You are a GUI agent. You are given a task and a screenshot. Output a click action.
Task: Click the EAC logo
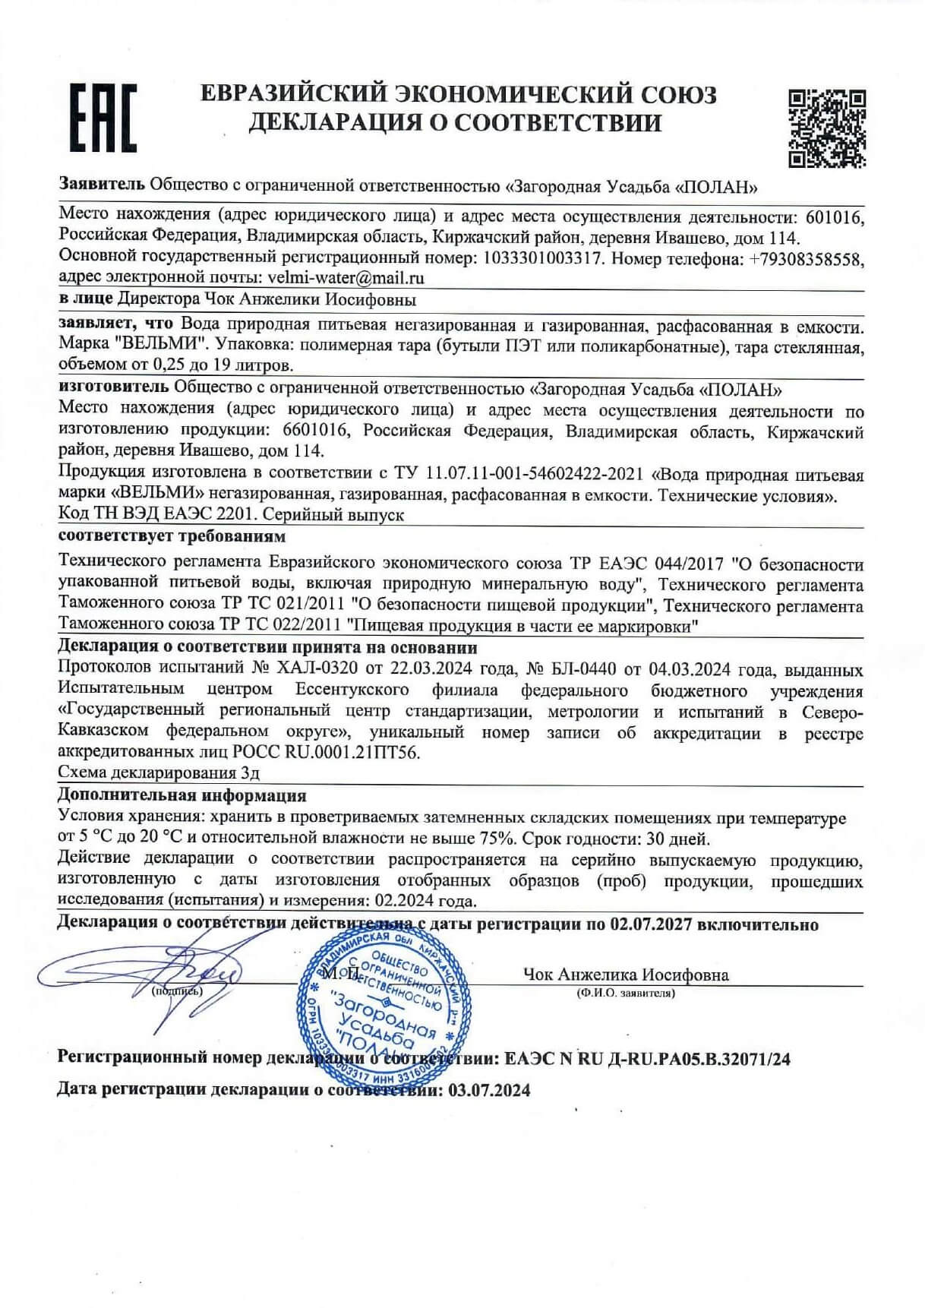click(x=103, y=118)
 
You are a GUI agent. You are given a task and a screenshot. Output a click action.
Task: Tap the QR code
click(x=827, y=127)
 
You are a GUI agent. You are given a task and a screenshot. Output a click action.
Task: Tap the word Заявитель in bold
click(x=101, y=185)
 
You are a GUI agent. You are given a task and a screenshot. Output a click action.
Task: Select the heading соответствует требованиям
click(x=172, y=536)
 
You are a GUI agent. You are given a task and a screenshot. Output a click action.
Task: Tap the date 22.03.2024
click(x=433, y=669)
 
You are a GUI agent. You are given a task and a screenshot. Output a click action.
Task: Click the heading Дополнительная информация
click(x=182, y=796)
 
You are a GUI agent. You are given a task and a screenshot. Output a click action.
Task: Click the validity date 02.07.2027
click(x=649, y=924)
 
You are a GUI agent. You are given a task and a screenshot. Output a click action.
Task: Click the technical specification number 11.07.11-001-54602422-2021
click(x=519, y=475)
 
